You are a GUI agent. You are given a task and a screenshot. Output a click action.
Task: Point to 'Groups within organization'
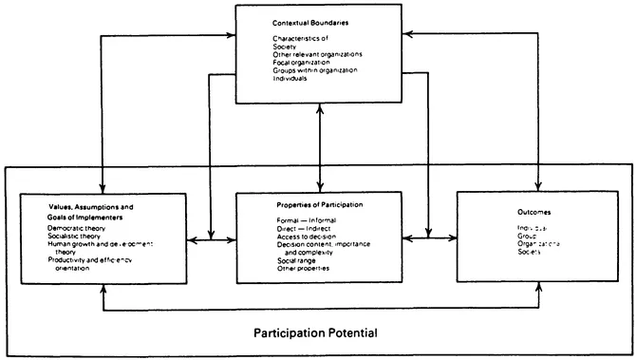tap(313, 68)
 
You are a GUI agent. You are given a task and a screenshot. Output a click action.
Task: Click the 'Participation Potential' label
tap(315, 334)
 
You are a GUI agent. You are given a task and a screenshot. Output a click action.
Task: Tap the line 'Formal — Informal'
tap(299, 220)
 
